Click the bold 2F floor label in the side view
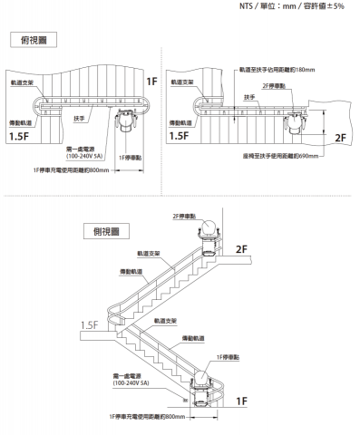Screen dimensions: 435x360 [240, 248]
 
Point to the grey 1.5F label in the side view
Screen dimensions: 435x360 [89, 324]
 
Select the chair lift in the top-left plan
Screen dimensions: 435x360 [128, 117]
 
